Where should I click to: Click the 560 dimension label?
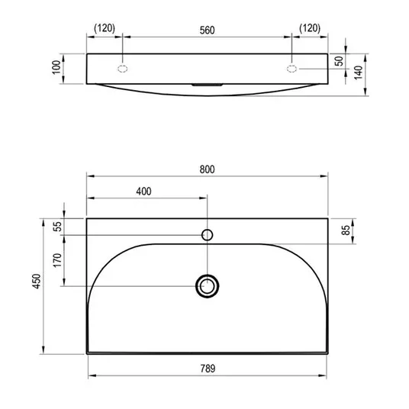(x=207, y=31)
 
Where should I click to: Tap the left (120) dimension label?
(x=105, y=28)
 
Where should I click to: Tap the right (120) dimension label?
(x=310, y=28)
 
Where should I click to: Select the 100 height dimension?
(x=56, y=67)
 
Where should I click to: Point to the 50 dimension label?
(x=340, y=61)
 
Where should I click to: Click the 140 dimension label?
(x=359, y=72)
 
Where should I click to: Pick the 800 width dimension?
(x=207, y=169)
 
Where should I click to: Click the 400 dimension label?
(x=143, y=192)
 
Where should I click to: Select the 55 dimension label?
(x=58, y=227)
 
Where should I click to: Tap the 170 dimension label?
(x=57, y=259)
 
